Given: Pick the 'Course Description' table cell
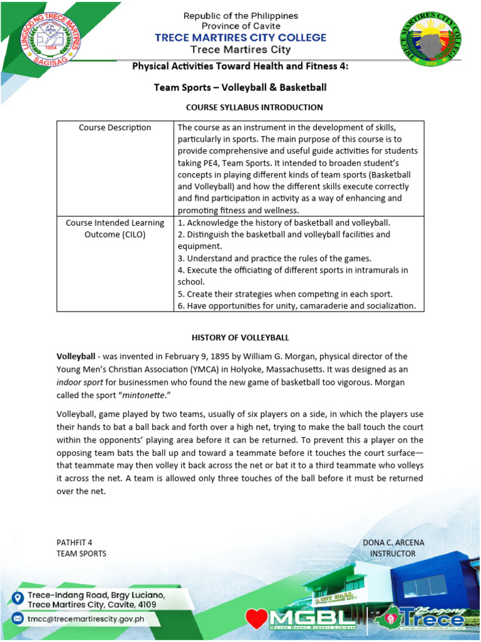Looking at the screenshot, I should pyautogui.click(x=115, y=128).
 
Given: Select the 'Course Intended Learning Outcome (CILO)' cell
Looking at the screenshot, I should pyautogui.click(x=115, y=228).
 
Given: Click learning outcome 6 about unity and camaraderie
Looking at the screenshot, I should pyautogui.click(x=297, y=306).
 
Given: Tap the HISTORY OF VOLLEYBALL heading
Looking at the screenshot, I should pyautogui.click(x=240, y=337).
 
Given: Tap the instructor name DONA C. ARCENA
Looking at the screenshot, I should pyautogui.click(x=393, y=542).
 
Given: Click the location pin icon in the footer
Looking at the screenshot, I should pyautogui.click(x=18, y=598).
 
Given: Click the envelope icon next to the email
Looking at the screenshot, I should pyautogui.click(x=18, y=618).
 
